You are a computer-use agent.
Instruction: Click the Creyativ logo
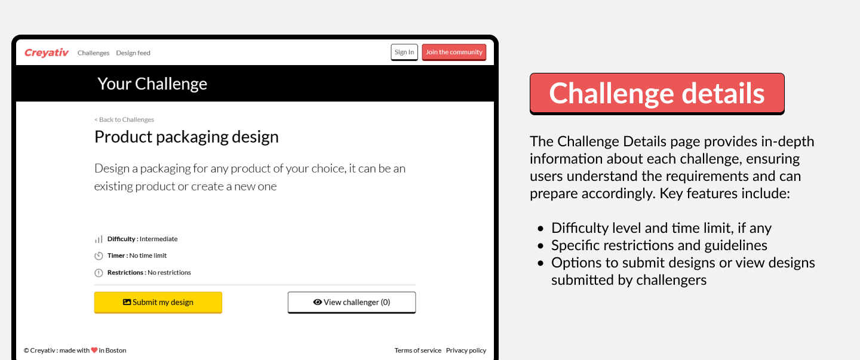pyautogui.click(x=47, y=53)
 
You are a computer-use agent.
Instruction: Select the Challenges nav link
pyautogui.click(x=93, y=53)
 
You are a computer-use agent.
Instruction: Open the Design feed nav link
pyautogui.click(x=133, y=53)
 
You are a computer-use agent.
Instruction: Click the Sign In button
pyautogui.click(x=404, y=52)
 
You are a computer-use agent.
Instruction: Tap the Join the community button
pyautogui.click(x=454, y=52)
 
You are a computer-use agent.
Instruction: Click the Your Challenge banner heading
pyautogui.click(x=152, y=84)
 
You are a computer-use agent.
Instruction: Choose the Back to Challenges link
pyautogui.click(x=124, y=120)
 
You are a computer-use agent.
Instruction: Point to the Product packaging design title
pyautogui.click(x=186, y=137)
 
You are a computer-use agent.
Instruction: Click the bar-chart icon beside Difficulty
pyautogui.click(x=99, y=239)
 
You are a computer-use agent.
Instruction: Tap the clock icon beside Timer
pyautogui.click(x=99, y=256)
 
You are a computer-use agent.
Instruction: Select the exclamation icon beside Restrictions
pyautogui.click(x=99, y=272)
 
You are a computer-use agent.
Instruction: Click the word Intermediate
pyautogui.click(x=159, y=239)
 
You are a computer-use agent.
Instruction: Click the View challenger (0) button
pyautogui.click(x=352, y=303)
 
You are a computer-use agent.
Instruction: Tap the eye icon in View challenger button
pyautogui.click(x=318, y=302)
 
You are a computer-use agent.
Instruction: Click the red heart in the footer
pyautogui.click(x=94, y=350)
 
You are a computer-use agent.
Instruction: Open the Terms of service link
pyautogui.click(x=417, y=350)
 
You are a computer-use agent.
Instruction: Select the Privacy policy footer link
pyautogui.click(x=466, y=350)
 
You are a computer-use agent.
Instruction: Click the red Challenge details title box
pyautogui.click(x=657, y=94)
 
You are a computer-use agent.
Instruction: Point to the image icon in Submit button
pyautogui.click(x=127, y=302)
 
